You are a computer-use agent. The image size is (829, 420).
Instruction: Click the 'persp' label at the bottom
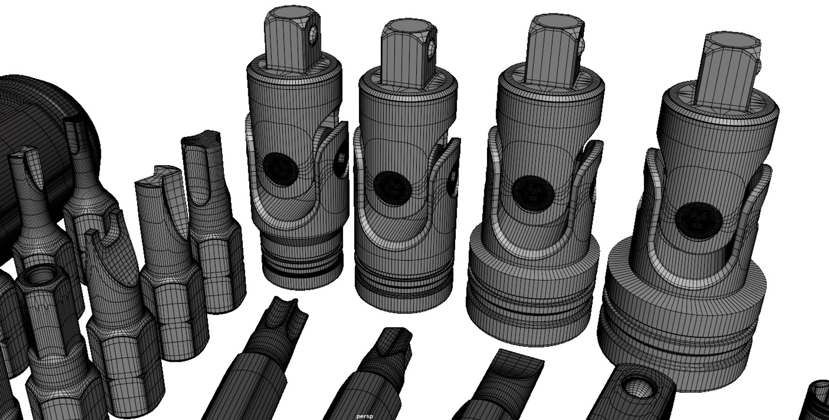click(364, 417)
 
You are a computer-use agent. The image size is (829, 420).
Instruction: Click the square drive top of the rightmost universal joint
click(729, 43)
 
